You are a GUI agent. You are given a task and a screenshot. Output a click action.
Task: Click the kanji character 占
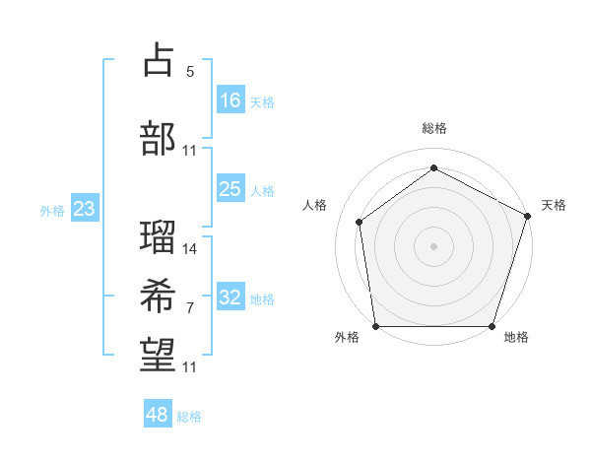click(x=159, y=60)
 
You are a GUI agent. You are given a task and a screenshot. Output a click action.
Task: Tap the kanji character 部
click(x=159, y=138)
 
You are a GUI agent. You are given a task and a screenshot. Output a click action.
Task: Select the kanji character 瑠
click(x=159, y=236)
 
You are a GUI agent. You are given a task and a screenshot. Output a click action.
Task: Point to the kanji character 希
click(x=159, y=297)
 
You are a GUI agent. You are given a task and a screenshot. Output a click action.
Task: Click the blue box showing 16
click(x=230, y=99)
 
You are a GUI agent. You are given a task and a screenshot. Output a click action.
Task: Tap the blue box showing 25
click(x=230, y=189)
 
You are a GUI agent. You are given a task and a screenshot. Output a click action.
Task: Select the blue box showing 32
click(x=230, y=298)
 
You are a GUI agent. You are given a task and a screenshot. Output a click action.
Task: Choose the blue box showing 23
click(x=85, y=209)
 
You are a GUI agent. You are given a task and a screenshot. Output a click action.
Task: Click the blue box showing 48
click(x=158, y=415)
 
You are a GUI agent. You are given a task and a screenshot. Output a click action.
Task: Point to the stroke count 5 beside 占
click(x=189, y=72)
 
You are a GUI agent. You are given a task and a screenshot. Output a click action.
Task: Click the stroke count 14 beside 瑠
click(x=190, y=248)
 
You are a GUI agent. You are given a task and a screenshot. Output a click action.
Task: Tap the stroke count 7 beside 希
click(x=189, y=308)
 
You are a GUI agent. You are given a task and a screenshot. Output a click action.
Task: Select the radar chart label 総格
click(x=433, y=128)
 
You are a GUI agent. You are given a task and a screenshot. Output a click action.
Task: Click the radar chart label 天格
click(x=554, y=205)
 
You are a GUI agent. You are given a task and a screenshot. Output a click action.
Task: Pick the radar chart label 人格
click(x=315, y=205)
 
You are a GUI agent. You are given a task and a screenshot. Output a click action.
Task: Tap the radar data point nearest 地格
click(x=492, y=326)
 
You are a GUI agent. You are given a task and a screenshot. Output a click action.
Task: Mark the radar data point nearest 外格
click(x=375, y=326)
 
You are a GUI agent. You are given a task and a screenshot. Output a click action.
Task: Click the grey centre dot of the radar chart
click(x=433, y=245)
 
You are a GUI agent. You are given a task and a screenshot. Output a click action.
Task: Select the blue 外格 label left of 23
click(x=52, y=210)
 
